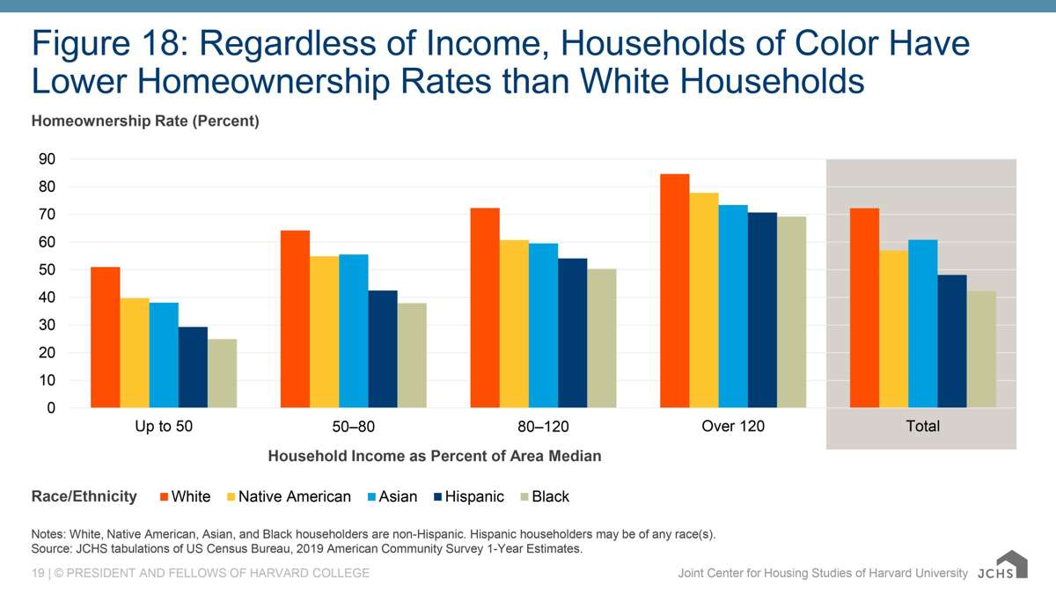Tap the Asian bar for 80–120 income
coord(543,326)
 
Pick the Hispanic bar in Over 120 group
coord(762,310)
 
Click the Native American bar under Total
coord(893,329)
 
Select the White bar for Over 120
coord(674,291)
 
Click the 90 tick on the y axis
coord(46,159)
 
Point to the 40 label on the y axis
coord(46,297)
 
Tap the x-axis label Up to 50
coord(163,426)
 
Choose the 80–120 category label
coord(543,427)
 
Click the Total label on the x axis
coord(922,426)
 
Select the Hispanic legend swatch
coord(437,497)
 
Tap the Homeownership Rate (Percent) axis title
coord(145,121)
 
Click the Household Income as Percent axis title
coord(435,456)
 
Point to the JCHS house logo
coord(1011,564)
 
